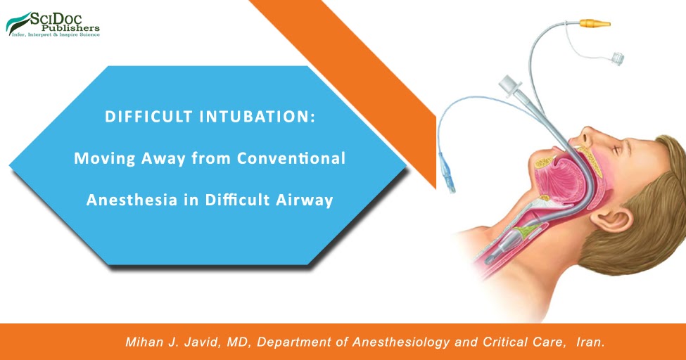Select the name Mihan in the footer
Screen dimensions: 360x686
click(144, 342)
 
